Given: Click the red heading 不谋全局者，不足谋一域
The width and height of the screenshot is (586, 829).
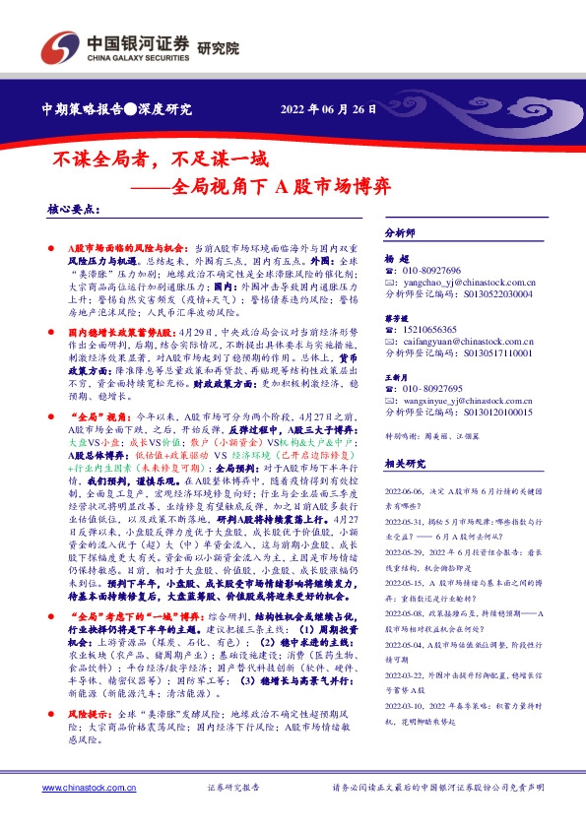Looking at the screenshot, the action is [158, 158].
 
